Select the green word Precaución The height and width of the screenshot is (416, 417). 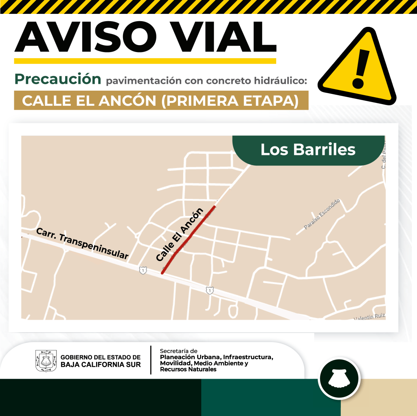click(x=58, y=79)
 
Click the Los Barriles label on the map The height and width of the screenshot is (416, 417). click(x=308, y=150)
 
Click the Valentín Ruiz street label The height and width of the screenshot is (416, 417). click(x=369, y=317)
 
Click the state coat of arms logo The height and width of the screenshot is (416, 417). click(x=46, y=361)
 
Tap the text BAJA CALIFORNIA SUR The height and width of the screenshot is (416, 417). click(x=101, y=365)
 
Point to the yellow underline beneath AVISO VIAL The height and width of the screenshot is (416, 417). click(x=145, y=61)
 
